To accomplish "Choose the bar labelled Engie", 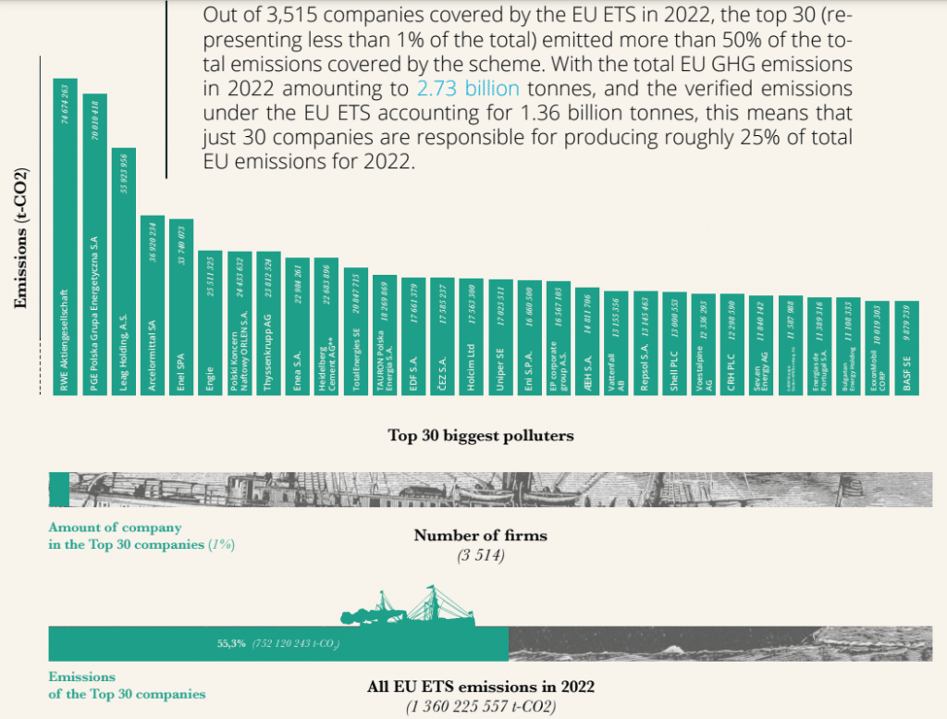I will pos(210,323).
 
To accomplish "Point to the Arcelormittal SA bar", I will pos(152,305).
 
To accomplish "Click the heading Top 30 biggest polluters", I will pos(481,435).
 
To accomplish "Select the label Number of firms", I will pos(480,536).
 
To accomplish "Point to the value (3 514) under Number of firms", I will pos(480,555).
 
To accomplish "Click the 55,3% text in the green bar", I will pos(231,643).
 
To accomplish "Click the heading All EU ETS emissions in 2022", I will pos(480,688).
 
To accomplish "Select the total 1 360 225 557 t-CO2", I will pos(480,707).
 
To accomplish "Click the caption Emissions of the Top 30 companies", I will pos(126,686).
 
